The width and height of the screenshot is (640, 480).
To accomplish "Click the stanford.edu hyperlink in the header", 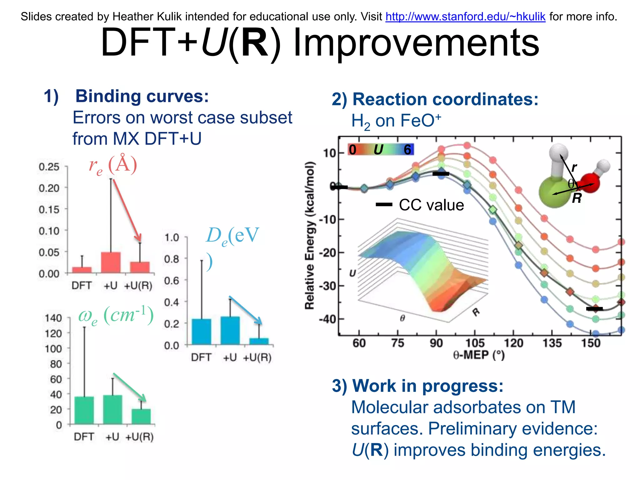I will tap(465, 17).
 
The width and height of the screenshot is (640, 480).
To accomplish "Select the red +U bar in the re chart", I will tap(111, 262).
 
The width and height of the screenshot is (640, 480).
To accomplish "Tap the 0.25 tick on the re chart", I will tap(49, 167).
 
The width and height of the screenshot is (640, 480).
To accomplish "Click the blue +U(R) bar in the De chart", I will tap(259, 341).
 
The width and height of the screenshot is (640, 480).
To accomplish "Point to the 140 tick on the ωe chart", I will tap(53, 318).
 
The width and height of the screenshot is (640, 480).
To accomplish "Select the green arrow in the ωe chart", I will tap(129, 387).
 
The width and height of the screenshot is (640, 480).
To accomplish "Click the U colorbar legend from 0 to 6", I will tap(380, 150).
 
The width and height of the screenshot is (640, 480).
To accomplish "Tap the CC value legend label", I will tap(431, 205).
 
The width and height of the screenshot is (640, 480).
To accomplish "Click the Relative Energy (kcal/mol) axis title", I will tap(309, 235).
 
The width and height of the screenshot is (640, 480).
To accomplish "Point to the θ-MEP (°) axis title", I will tap(479, 355).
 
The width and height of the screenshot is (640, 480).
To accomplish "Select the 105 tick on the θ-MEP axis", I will tap(475, 343).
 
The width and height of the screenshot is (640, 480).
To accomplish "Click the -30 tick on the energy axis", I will tap(327, 286).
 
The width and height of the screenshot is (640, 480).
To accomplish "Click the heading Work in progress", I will tap(427, 386).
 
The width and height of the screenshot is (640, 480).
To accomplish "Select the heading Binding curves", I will tap(142, 96).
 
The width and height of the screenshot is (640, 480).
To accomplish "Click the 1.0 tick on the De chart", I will tap(172, 237).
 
